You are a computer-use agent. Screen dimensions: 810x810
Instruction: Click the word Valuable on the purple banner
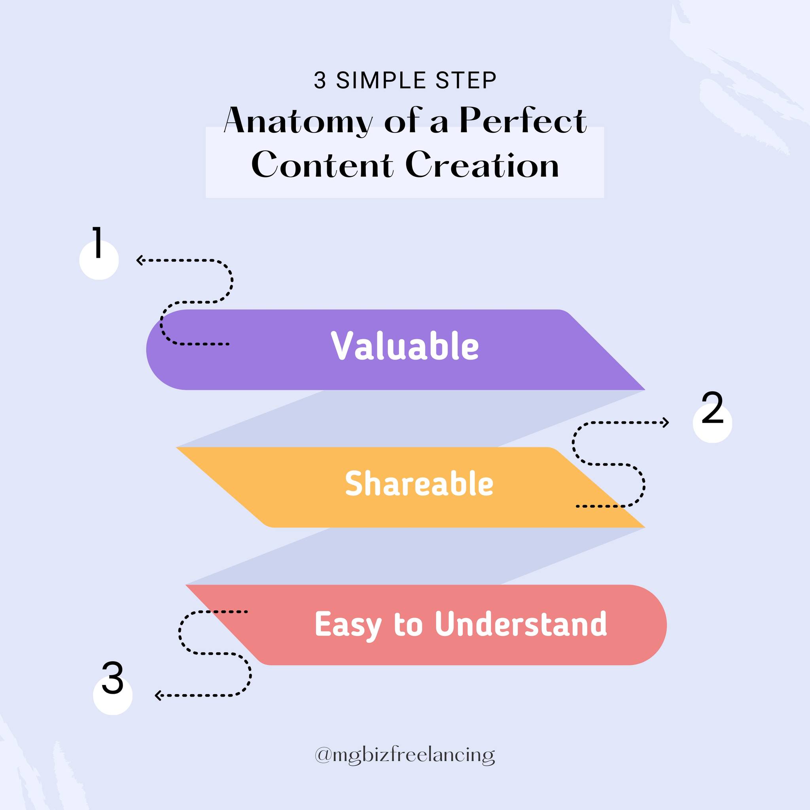pos(405,346)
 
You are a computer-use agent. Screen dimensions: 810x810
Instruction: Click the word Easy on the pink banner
pos(348,626)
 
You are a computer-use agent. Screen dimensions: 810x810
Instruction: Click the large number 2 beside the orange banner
pos(712,407)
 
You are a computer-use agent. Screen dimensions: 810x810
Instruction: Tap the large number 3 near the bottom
pos(112,678)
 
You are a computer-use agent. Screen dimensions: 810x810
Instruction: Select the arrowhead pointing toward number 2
pos(665,423)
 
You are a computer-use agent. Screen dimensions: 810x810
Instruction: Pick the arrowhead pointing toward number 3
pos(159,696)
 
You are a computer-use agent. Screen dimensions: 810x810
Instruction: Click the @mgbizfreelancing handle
pos(405,755)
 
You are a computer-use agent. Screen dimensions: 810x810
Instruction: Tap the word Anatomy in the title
pos(298,121)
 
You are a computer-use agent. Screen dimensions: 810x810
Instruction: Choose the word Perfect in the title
pos(523,120)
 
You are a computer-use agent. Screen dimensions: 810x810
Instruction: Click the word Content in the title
pos(322,165)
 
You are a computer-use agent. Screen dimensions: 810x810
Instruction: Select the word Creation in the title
pos(482,165)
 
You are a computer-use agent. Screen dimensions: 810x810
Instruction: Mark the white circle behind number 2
pos(712,424)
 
